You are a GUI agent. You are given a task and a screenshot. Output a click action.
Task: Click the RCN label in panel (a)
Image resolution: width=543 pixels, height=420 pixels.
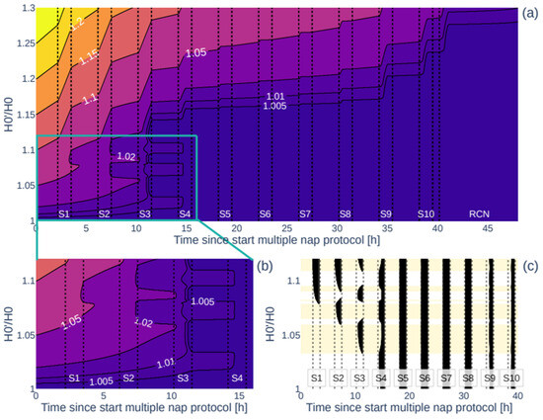pos(482,213)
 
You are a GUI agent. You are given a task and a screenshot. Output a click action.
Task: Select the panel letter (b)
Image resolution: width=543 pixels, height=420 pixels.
pos(265,266)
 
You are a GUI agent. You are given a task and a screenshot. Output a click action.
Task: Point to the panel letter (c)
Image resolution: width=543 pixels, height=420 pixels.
pos(531,266)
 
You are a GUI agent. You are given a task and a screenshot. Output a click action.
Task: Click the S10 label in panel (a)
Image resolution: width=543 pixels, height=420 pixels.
pos(425,213)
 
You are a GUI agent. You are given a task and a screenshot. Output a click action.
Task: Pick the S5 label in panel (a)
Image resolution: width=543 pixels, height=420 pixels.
pos(224,213)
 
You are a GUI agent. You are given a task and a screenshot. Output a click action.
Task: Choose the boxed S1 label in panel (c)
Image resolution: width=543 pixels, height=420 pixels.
pos(316,378)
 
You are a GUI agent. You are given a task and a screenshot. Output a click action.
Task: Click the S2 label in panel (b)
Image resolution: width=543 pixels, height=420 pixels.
pos(127,378)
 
